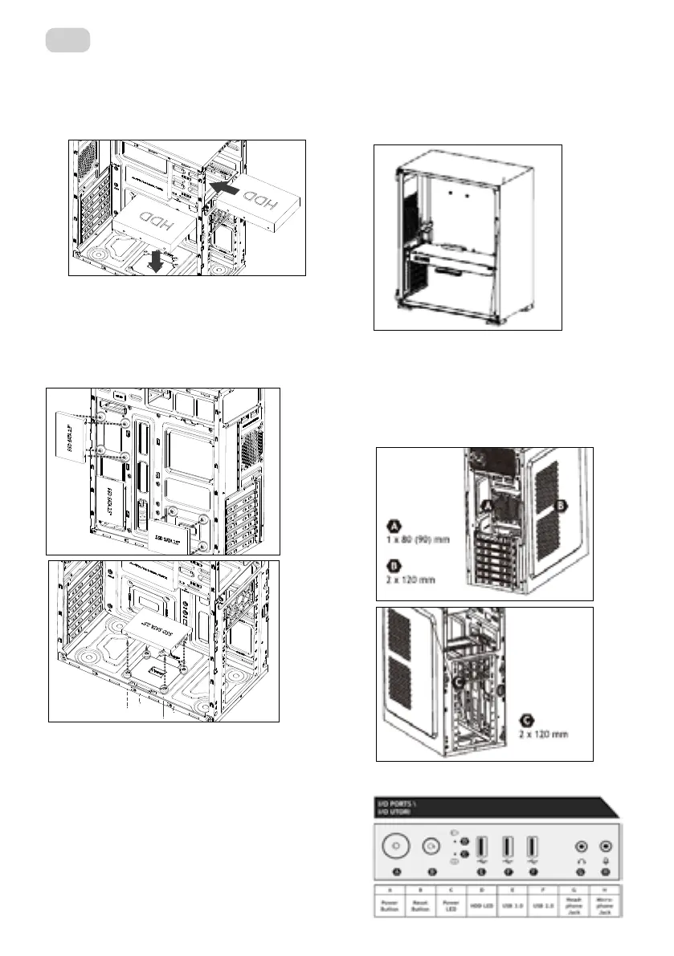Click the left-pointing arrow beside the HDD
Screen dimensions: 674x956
point(228,187)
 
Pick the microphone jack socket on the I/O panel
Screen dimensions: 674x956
point(606,846)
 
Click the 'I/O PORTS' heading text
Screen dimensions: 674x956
point(395,803)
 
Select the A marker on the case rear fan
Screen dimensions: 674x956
point(486,506)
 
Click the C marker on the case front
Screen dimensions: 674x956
point(460,682)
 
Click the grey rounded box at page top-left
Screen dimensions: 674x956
point(67,39)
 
